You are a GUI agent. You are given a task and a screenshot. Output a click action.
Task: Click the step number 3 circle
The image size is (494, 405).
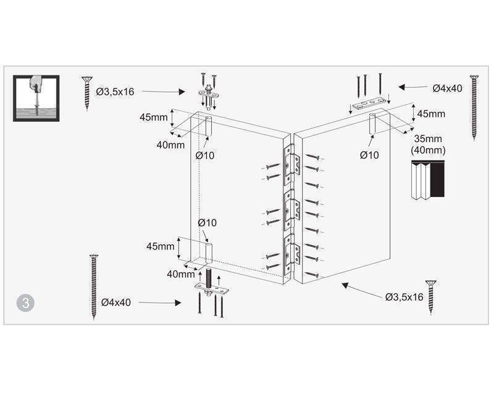pyautogui.click(x=25, y=303)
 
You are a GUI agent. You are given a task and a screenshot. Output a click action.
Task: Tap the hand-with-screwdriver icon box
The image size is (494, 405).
pyautogui.click(x=36, y=98)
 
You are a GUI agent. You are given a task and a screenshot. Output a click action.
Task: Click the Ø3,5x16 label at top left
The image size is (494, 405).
pyautogui.click(x=115, y=91)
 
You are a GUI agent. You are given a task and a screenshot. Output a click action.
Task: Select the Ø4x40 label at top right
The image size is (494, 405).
pyautogui.click(x=447, y=88)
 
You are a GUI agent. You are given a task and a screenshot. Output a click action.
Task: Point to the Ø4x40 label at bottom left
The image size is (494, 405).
pyautogui.click(x=116, y=303)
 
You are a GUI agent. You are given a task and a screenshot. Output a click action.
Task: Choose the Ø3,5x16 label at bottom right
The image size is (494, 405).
pyautogui.click(x=404, y=297)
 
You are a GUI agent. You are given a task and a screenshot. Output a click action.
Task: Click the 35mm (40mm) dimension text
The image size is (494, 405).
pyautogui.click(x=428, y=144)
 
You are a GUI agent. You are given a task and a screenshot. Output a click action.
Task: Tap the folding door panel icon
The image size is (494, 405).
pyautogui.click(x=428, y=180)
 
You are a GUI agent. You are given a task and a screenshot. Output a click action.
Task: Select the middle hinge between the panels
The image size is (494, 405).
pyautogui.click(x=291, y=209)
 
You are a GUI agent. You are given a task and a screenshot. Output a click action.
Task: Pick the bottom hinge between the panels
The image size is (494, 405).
pyautogui.click(x=291, y=254)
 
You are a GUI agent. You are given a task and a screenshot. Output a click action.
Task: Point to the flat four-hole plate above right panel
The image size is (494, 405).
pyautogui.click(x=369, y=103)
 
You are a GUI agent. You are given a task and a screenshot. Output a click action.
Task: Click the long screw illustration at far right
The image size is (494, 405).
pyautogui.click(x=474, y=107)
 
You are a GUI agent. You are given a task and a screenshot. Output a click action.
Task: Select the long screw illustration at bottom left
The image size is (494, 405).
pyautogui.click(x=94, y=287)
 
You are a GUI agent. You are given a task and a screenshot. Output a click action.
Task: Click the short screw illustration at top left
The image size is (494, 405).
pyautogui.click(x=87, y=93)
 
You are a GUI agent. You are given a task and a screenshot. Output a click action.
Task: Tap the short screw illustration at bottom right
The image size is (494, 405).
pyautogui.click(x=430, y=298)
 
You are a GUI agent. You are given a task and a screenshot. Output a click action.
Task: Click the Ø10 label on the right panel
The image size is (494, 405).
pyautogui.click(x=369, y=155)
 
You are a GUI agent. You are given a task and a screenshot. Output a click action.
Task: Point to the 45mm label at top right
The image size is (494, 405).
pyautogui.click(x=431, y=114)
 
